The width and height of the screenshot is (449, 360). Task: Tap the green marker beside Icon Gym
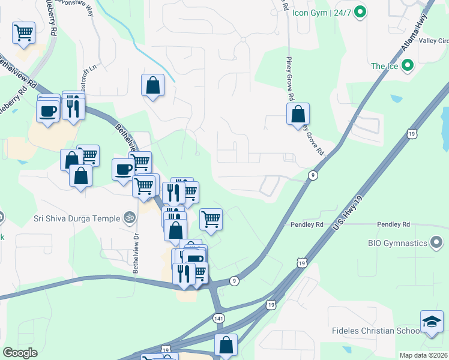(360, 11)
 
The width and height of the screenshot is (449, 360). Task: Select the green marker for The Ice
(408, 66)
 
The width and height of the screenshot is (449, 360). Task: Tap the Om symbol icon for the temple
(128, 218)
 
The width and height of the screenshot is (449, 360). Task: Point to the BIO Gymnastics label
(397, 243)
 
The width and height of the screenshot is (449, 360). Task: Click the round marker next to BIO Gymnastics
(437, 243)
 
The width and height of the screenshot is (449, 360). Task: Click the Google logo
(20, 353)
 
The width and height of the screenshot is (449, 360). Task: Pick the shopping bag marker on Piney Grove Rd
(298, 114)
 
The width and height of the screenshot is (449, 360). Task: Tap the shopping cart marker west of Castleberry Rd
(23, 32)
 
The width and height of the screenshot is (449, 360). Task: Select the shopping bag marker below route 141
(226, 345)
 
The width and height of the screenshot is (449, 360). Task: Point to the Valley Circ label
(435, 41)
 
